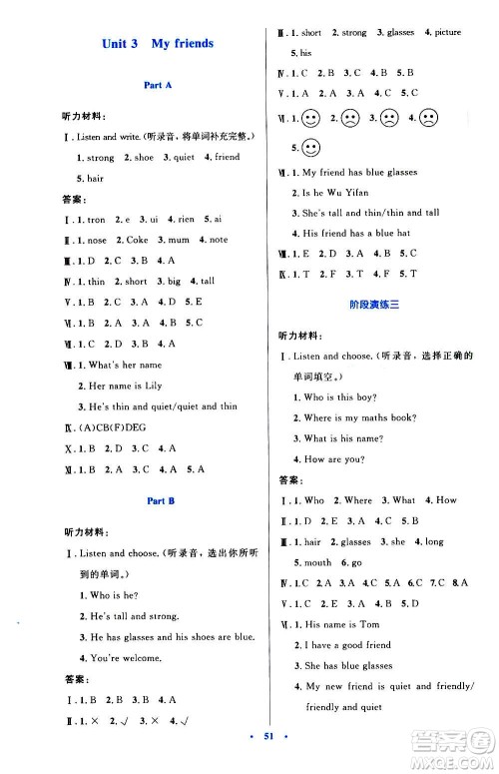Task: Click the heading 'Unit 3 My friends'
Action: [159, 44]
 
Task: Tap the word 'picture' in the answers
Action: [447, 33]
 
